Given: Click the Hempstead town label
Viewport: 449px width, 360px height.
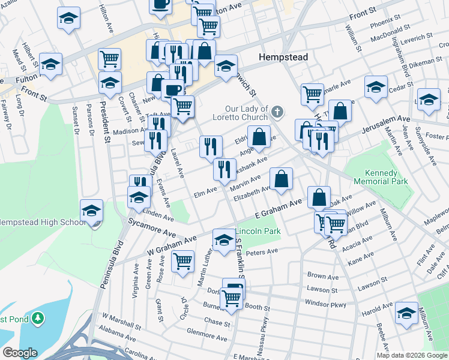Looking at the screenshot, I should pos(283,57).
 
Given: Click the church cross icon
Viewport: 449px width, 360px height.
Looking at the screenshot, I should pos(277,112).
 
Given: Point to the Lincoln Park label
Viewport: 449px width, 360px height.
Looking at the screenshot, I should pos(258,231).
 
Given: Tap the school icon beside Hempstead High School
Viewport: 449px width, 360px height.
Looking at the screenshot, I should pos(92,211).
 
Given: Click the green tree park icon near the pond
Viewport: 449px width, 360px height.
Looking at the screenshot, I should pos(38,316).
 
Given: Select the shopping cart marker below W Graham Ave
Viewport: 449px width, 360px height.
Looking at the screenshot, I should pos(182,262).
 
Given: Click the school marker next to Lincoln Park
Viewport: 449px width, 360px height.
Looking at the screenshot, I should pos(223,241).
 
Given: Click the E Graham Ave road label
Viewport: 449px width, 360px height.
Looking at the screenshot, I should pos(278,209).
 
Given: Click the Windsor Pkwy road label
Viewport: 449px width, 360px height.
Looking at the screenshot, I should pos(326,305).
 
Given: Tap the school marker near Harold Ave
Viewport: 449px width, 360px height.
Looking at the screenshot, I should pos(407,313).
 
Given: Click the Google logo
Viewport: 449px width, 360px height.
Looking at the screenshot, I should pos(19,353).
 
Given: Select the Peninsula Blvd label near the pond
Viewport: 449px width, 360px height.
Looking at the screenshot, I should pos(111,264).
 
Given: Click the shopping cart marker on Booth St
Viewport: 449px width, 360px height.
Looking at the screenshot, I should pos(231,298).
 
